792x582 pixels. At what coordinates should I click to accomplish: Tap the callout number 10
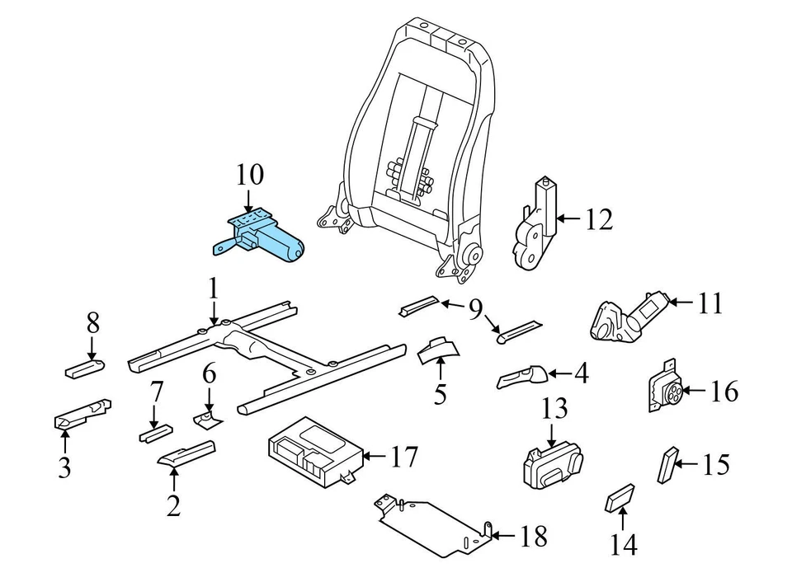pyautogui.click(x=250, y=176)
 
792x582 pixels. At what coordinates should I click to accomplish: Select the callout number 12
pyautogui.click(x=599, y=219)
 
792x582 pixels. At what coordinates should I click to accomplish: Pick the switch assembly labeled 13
pyautogui.click(x=551, y=465)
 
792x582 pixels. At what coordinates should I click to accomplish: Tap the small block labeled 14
pyautogui.click(x=620, y=498)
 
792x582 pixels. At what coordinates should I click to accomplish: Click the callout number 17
pyautogui.click(x=403, y=456)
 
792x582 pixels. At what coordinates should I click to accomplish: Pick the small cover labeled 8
pyautogui.click(x=85, y=366)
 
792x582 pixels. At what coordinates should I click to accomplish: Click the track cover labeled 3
pyautogui.click(x=82, y=413)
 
